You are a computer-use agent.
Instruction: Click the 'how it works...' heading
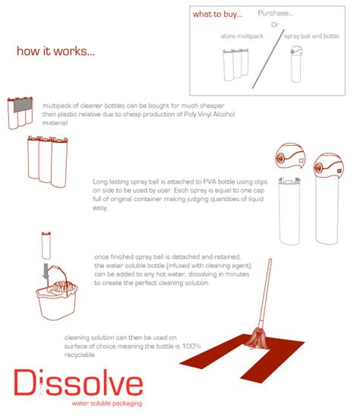[55, 52]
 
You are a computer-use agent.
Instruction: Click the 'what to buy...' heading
[217, 14]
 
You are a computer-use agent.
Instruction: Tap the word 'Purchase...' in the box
[275, 13]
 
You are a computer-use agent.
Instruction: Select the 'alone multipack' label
[242, 36]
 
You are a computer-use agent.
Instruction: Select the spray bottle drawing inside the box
[297, 66]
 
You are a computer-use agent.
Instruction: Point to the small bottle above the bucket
[45, 245]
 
